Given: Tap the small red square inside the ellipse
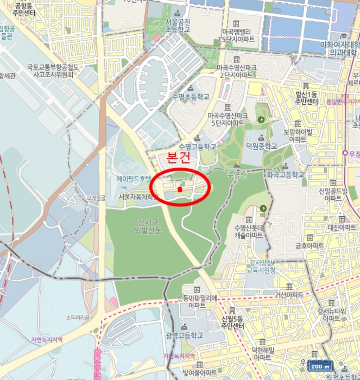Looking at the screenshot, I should (180, 189).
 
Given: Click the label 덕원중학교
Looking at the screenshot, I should (261, 147).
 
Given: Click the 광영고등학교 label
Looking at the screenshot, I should (184, 336).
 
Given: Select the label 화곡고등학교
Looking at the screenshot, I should (285, 175).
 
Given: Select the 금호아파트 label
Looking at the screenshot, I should (309, 245).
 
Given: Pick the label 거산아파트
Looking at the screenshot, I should (288, 294).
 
